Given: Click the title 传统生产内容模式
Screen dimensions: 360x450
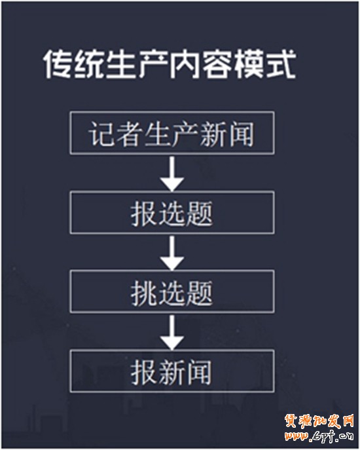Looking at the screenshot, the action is [170, 64].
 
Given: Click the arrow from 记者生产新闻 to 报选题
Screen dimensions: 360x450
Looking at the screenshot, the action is [172, 174].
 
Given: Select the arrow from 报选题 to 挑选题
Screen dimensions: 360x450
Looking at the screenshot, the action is [172, 253].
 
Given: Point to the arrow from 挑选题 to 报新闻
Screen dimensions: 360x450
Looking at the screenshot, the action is [172, 332].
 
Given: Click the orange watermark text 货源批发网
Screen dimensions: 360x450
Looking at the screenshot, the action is [319, 421].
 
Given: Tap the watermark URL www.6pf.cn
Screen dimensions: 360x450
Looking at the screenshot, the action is [319, 436].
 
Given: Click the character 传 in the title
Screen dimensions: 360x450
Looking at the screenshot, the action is [58, 64].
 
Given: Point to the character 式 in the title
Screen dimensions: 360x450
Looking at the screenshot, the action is [281, 64].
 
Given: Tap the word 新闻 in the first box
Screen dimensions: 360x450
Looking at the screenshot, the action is [226, 134].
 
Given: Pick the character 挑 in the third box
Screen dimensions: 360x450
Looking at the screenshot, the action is [144, 292].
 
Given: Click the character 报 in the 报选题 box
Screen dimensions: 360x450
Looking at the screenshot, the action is [144, 214].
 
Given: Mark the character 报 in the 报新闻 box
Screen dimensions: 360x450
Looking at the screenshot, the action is [144, 372].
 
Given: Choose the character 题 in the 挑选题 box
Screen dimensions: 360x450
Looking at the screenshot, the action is [199, 292].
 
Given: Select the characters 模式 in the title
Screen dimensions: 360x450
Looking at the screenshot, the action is [265, 64].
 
